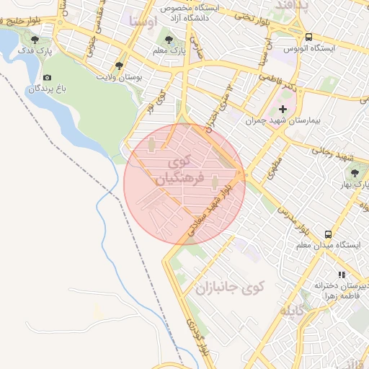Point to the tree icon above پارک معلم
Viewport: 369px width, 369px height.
[x=169, y=40]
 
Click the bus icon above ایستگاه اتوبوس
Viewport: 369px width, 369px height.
[x=308, y=37]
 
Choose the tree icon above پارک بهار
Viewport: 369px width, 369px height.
[x=354, y=172]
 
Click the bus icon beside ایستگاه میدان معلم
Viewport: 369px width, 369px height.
[x=328, y=234]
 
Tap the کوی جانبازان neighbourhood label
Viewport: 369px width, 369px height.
[x=229, y=288]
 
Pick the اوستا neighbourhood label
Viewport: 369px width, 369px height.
[x=143, y=20]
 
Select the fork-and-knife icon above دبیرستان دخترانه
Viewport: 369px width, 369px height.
[x=342, y=275]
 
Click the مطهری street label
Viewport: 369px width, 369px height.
[x=274, y=170]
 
